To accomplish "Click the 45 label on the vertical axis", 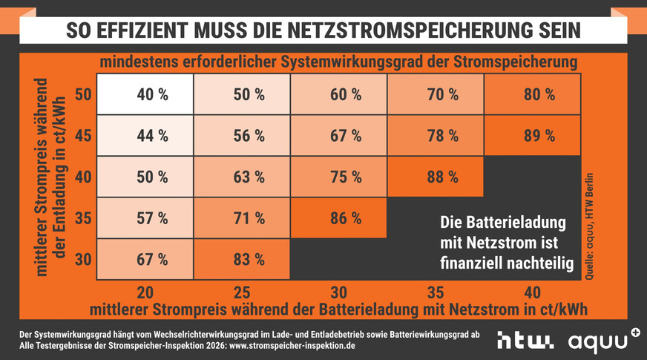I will click(83, 136).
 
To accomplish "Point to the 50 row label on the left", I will click(83, 94).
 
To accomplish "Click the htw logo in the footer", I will click(525, 341).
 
